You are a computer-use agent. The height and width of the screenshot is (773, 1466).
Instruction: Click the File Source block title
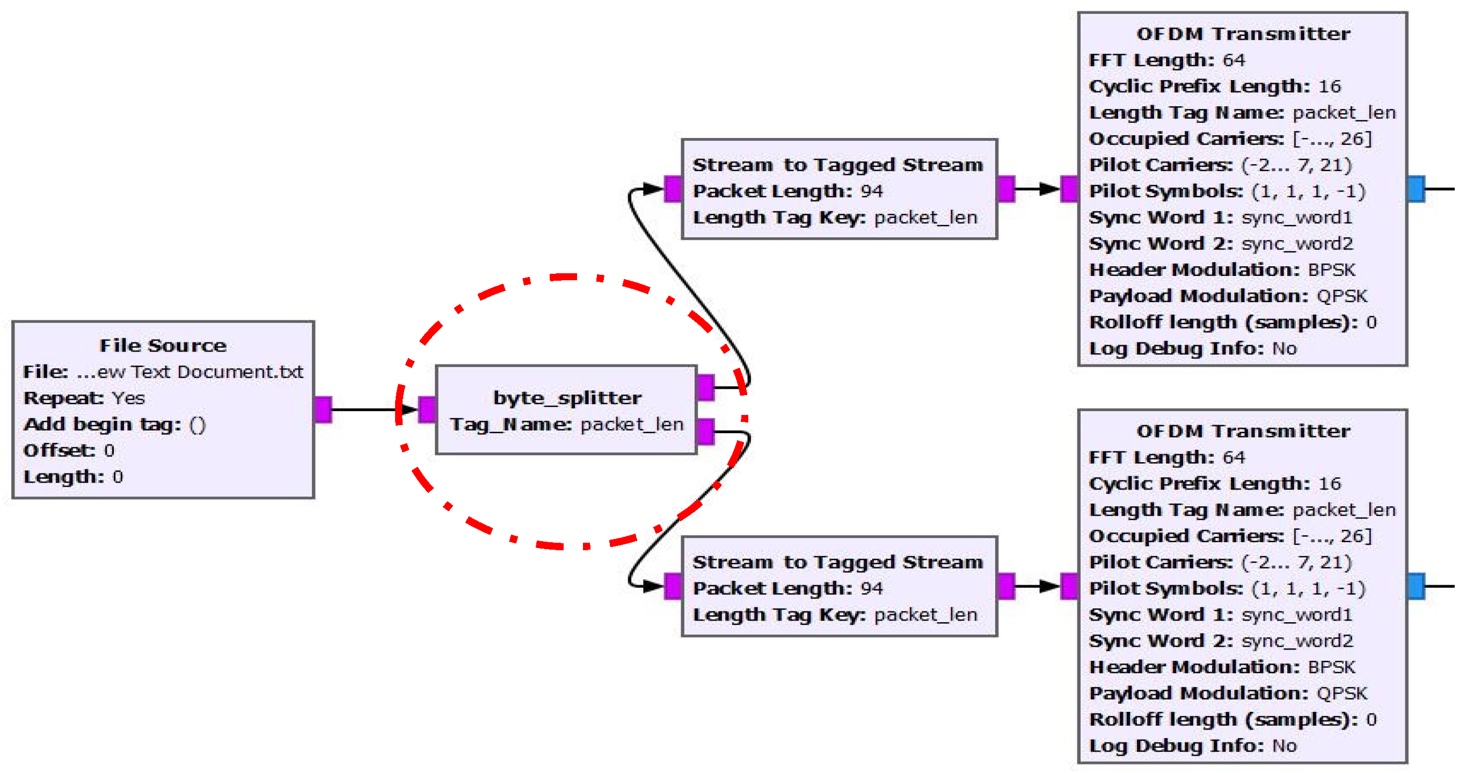click(163, 346)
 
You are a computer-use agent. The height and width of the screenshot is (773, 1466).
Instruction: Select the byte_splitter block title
click(567, 398)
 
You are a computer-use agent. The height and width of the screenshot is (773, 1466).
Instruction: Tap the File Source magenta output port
click(323, 410)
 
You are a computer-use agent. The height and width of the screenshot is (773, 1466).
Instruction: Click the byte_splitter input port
click(427, 410)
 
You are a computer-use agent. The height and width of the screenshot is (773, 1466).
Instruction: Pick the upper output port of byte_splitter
click(706, 388)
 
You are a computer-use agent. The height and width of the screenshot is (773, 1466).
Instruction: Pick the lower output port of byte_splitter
click(706, 432)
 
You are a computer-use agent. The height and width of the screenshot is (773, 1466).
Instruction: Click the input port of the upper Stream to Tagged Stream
click(673, 189)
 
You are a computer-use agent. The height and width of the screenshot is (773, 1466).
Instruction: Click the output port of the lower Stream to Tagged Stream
click(1005, 586)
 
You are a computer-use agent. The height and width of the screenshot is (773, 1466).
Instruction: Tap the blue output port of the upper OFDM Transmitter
click(1416, 189)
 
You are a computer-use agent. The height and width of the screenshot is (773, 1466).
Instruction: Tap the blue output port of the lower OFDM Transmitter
click(1416, 586)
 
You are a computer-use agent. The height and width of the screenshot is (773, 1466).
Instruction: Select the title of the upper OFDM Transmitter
click(1243, 34)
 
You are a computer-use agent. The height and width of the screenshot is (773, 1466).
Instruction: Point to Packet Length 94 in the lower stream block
click(787, 588)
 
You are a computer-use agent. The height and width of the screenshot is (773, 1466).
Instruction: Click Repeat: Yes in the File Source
click(84, 398)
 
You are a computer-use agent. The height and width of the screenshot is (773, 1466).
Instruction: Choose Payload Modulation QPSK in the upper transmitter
click(1228, 296)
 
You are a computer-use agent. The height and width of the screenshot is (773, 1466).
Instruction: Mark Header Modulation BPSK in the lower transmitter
click(1222, 667)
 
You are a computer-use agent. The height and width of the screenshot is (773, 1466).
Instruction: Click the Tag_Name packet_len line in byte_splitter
click(567, 425)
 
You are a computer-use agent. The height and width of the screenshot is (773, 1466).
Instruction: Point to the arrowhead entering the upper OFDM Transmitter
click(1049, 189)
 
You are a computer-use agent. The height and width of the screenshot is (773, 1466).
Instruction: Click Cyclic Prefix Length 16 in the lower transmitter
click(1214, 484)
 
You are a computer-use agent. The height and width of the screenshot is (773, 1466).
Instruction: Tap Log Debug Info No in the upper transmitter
click(1193, 348)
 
